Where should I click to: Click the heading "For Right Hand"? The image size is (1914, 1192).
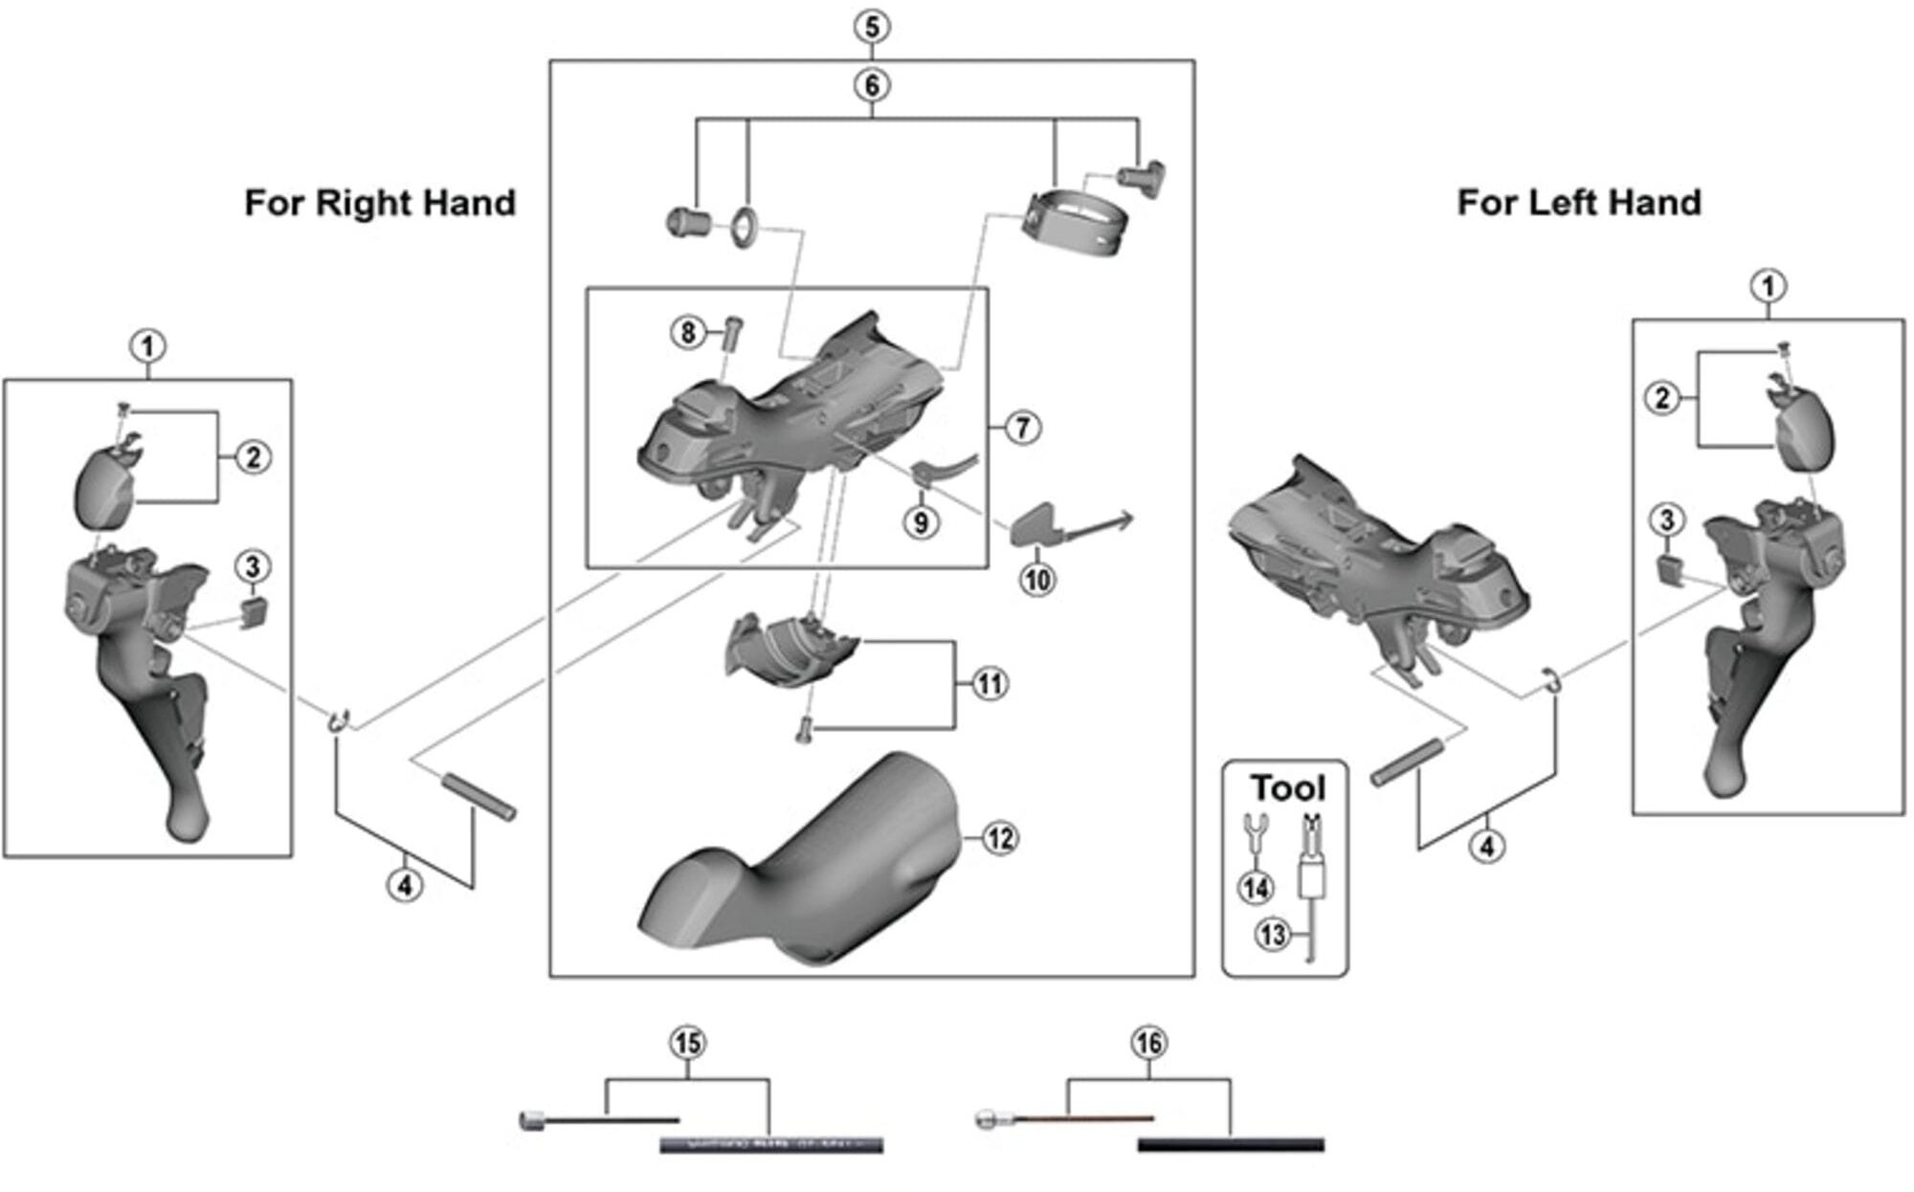(380, 203)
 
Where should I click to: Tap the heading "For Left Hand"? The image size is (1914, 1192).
(1578, 203)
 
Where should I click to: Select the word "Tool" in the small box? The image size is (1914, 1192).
(1288, 788)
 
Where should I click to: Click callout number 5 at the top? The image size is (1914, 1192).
(871, 26)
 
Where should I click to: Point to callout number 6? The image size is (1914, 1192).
(871, 85)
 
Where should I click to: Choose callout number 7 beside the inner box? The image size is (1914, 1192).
(1022, 427)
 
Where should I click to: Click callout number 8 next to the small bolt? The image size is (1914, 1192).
(687, 333)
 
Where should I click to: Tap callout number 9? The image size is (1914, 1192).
(921, 522)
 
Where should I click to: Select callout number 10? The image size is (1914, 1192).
(1037, 579)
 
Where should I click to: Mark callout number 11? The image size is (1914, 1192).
(989, 684)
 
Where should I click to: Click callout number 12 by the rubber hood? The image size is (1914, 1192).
(999, 839)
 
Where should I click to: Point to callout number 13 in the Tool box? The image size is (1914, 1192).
(1273, 934)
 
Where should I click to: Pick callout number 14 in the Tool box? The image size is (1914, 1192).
(1256, 888)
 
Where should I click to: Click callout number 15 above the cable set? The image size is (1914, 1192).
(688, 1043)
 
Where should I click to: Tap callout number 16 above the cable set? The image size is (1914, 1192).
(1148, 1043)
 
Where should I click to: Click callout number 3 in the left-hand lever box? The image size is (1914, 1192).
(1667, 520)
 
